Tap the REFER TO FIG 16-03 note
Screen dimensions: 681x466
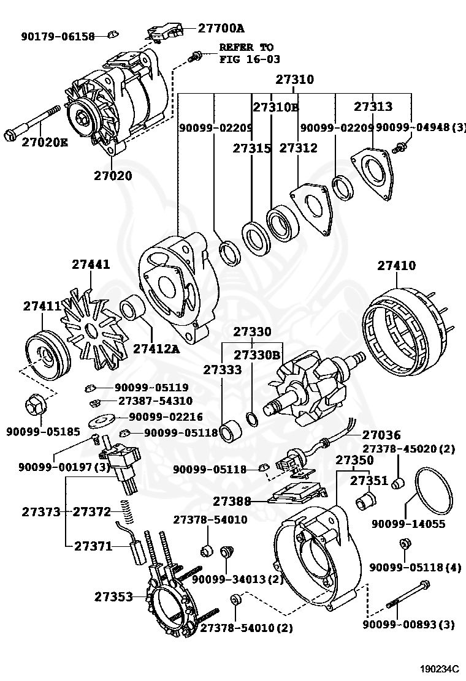coord(250,53)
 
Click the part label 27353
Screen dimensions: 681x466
coord(114,596)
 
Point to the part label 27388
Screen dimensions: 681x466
coord(232,501)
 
